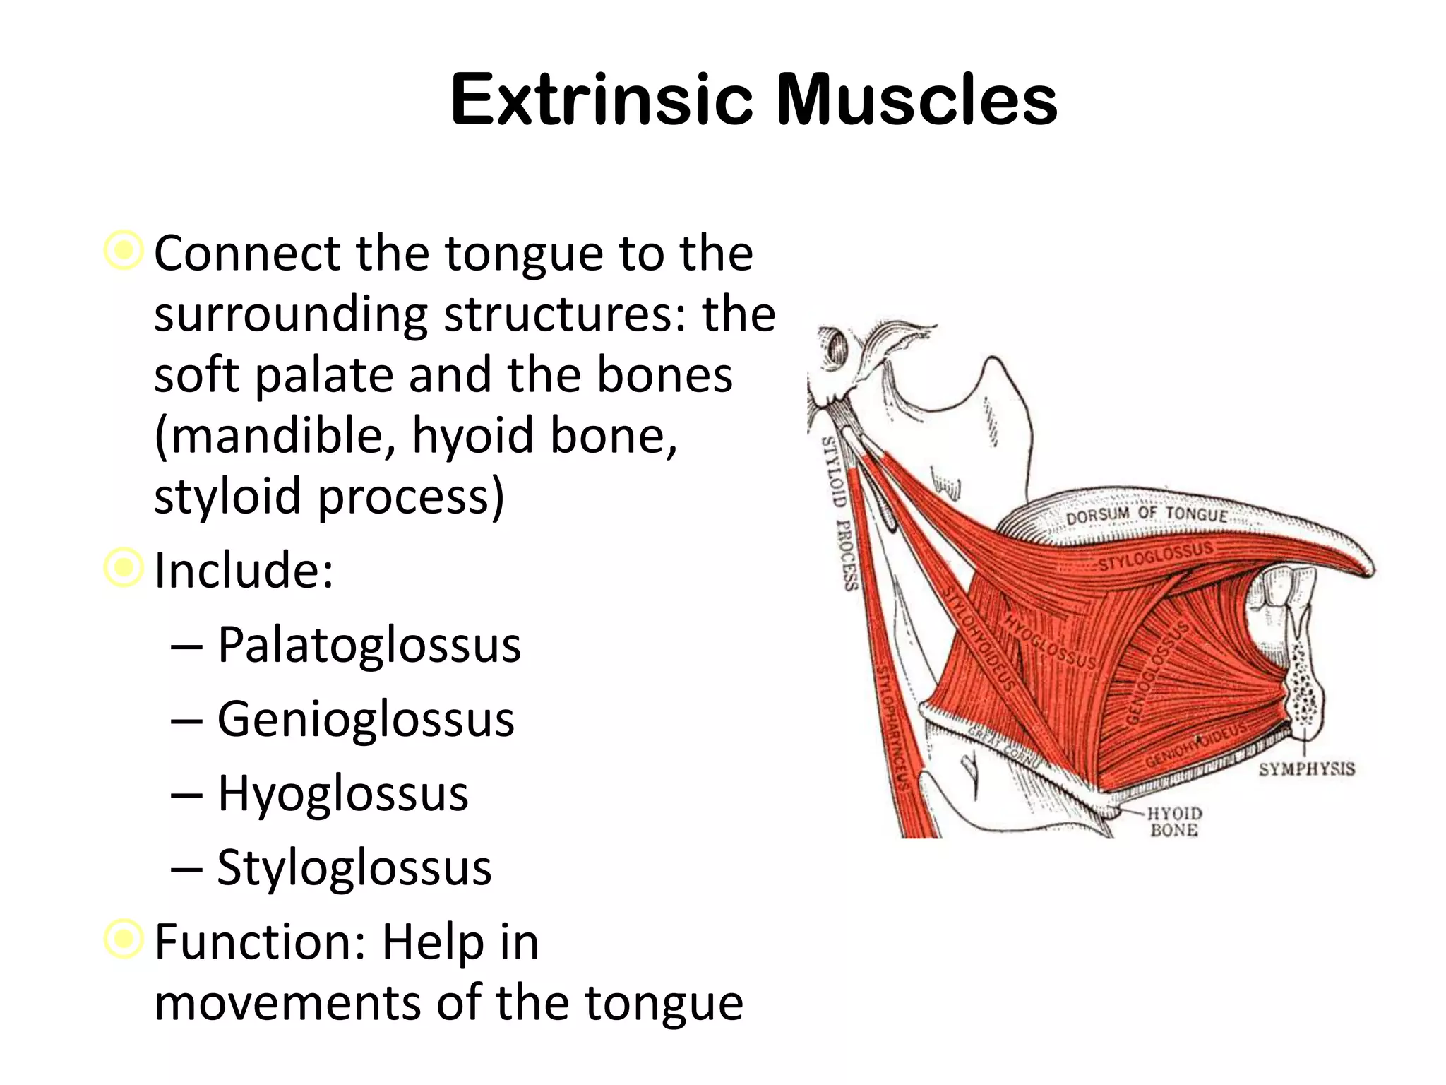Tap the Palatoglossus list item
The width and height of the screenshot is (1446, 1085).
(369, 645)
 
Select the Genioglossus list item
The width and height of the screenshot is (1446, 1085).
(365, 719)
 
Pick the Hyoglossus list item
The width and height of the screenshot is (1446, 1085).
(342, 793)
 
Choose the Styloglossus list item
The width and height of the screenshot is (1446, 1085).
(354, 867)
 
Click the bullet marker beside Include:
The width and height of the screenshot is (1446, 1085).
(124, 567)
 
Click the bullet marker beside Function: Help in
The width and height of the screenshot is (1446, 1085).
(124, 939)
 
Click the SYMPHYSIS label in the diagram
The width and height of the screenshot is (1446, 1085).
(1306, 769)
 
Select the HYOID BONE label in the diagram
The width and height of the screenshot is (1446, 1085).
(1173, 822)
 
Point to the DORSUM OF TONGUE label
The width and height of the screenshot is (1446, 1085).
(1147, 515)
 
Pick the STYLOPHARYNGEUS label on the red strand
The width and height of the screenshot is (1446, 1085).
(891, 728)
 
